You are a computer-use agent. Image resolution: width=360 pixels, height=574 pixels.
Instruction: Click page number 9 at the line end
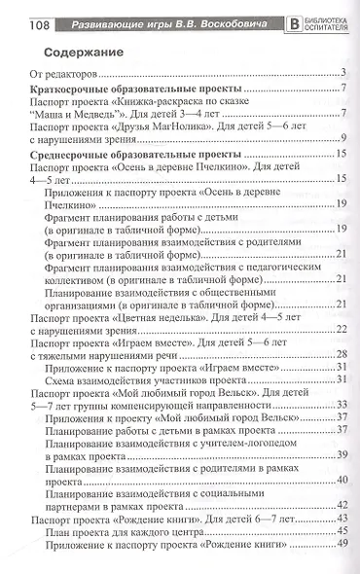346,141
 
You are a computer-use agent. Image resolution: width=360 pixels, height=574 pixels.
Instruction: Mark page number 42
343,504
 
